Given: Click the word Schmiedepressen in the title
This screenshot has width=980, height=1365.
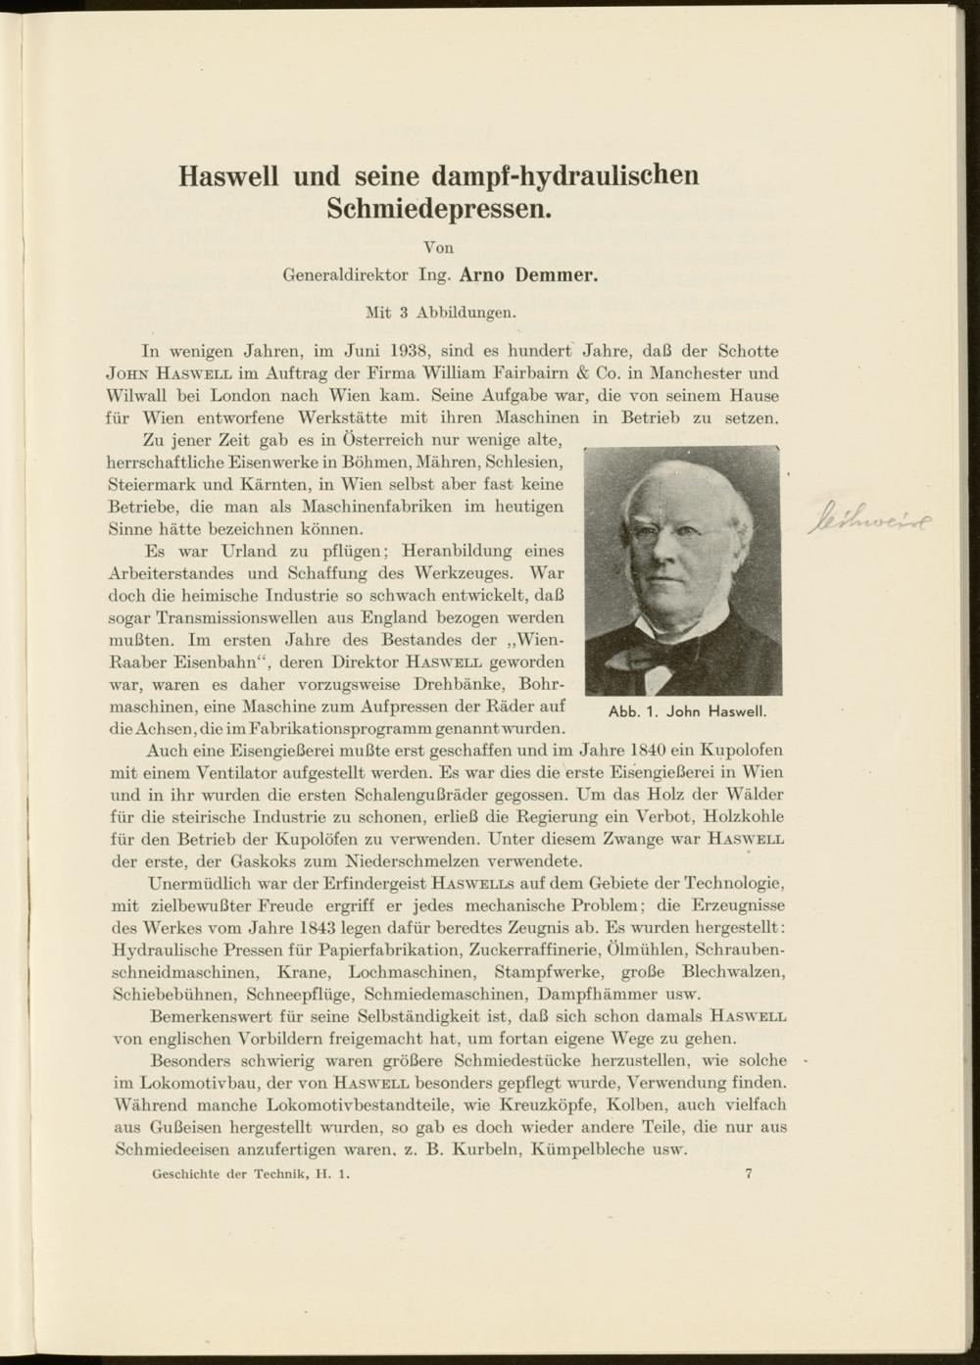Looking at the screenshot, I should tap(439, 208).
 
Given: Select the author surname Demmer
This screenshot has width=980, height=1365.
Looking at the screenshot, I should tap(556, 275).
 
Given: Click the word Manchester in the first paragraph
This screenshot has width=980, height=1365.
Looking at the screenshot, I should tap(694, 372).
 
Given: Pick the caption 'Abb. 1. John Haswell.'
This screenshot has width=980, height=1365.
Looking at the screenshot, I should tap(686, 711).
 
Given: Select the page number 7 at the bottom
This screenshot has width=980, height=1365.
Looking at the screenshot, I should tap(749, 1173).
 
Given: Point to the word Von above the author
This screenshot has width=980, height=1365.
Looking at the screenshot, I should tap(438, 248).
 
